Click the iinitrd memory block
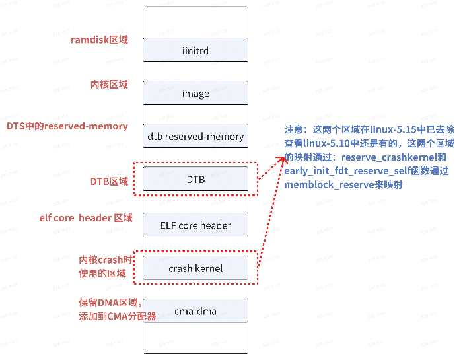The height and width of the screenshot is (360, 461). coord(195,50)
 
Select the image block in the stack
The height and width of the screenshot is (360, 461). coord(195,94)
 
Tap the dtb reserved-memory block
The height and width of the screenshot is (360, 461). coord(195,137)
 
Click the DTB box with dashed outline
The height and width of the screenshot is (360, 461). coord(195,179)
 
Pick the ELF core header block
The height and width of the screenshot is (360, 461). coord(195,225)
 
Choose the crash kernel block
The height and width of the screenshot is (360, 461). coord(195,268)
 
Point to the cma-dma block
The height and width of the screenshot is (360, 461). coord(195,311)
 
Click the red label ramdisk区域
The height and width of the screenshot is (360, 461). coord(99,40)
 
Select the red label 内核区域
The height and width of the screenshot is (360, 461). coord(109,85)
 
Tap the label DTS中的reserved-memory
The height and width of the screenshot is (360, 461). coord(67,126)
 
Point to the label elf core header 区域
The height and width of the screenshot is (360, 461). coord(86,218)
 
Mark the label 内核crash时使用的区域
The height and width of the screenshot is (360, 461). coord(106,267)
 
